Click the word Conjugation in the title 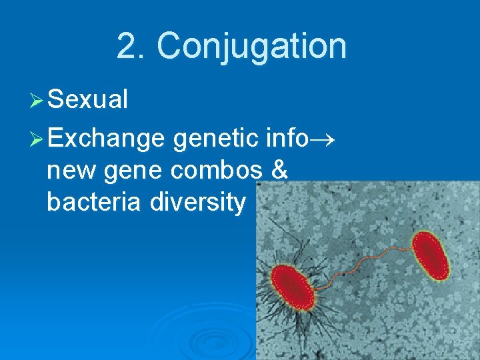pos(251,46)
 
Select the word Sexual pos(87,100)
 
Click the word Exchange pos(106,138)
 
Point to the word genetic pos(214,138)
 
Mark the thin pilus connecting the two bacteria pos(360,264)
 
